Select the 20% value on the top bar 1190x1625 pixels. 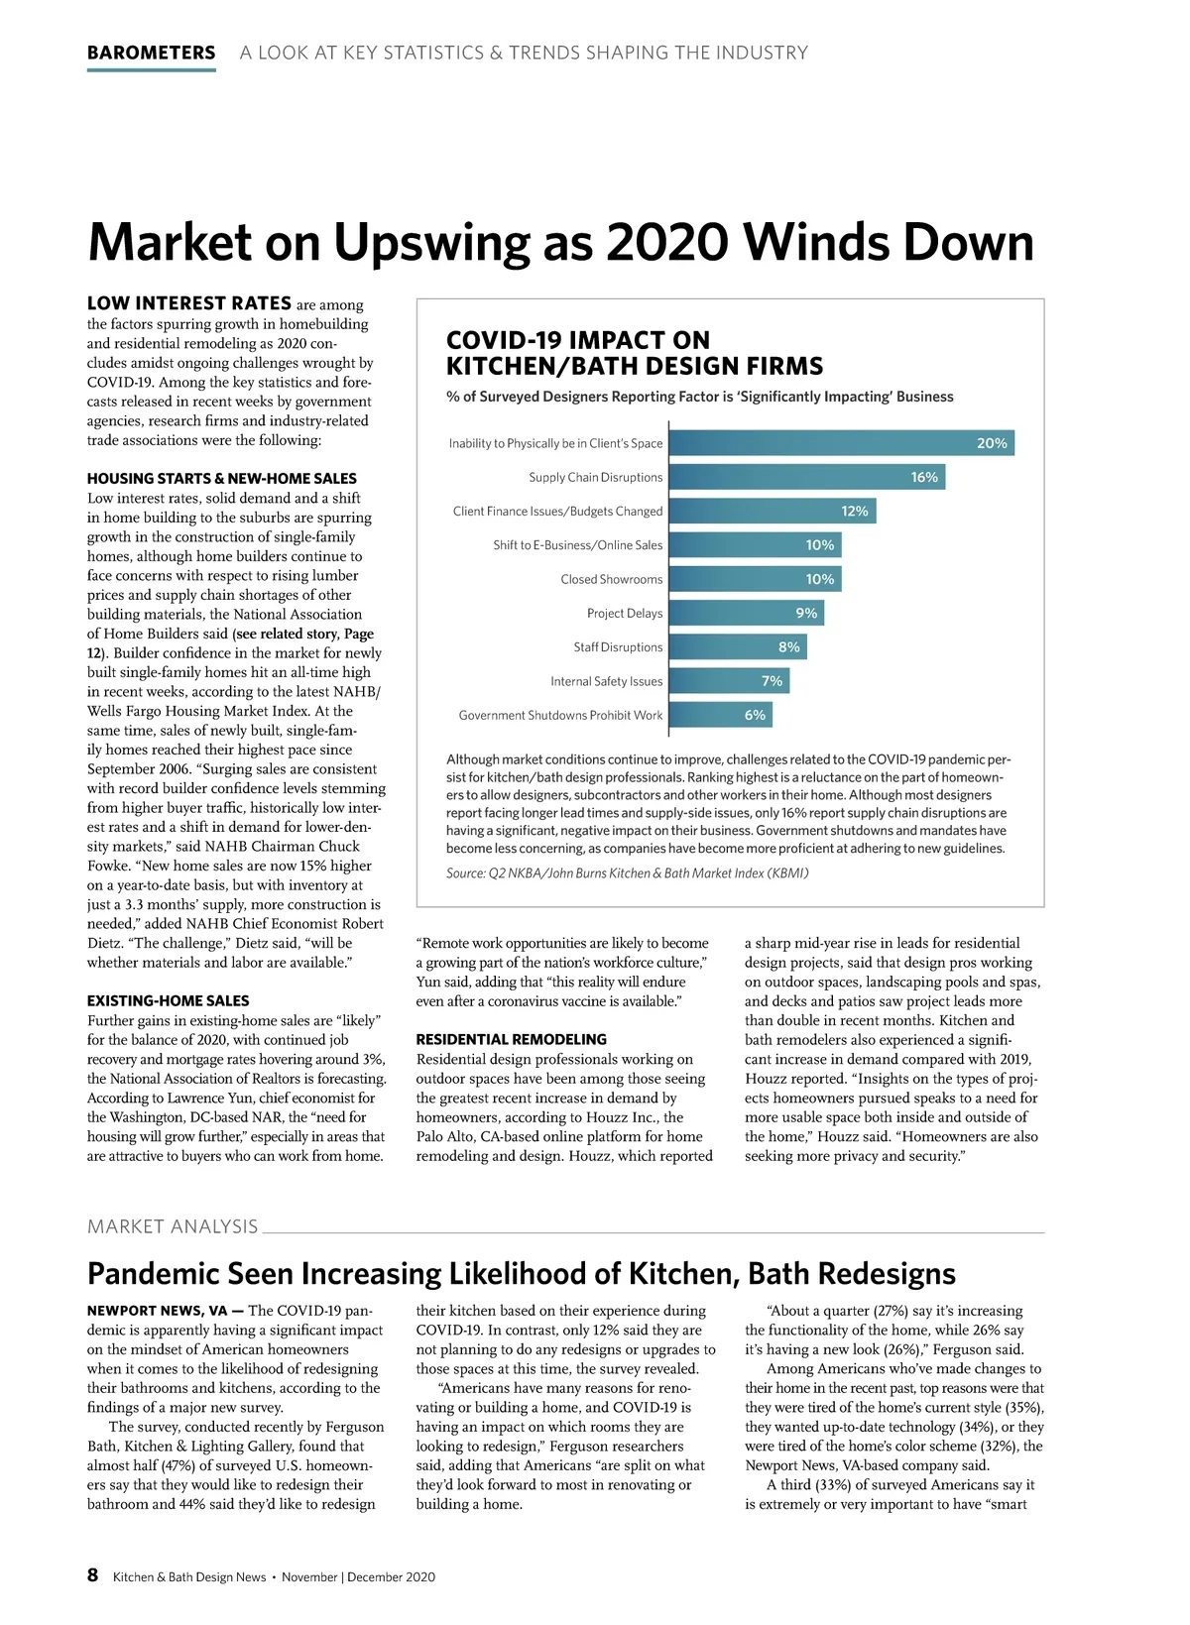992,443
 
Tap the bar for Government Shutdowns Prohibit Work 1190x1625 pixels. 720,715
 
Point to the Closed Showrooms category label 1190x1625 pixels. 611,579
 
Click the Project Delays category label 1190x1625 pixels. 624,613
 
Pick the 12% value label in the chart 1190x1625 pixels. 854,511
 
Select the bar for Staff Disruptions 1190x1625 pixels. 738,646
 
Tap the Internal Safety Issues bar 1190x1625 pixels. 729,681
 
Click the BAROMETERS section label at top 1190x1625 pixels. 151,53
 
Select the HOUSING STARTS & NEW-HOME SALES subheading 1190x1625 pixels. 221,478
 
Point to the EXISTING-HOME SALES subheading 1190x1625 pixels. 168,1000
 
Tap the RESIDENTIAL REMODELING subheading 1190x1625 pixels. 511,1039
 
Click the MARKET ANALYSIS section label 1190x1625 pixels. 173,1226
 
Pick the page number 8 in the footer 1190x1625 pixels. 93,1575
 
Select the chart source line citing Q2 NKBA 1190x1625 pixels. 627,873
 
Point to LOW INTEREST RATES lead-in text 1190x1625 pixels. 188,303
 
